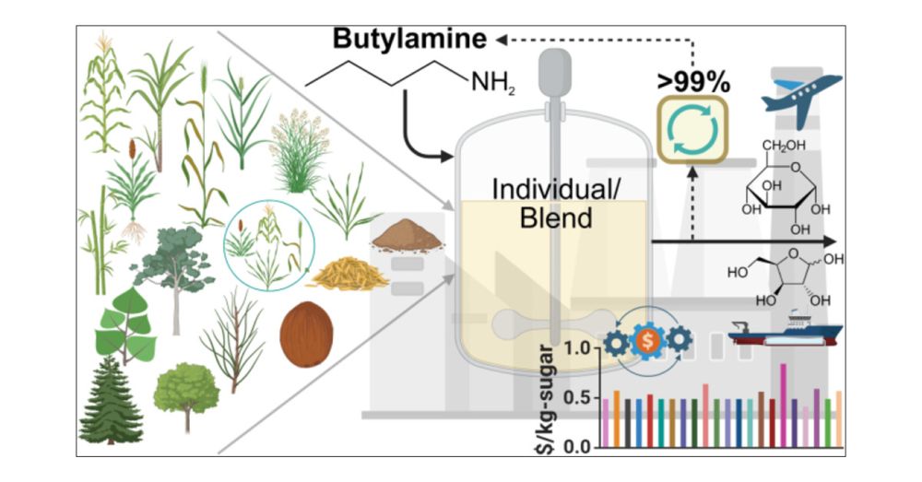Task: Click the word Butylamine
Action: pos(409,40)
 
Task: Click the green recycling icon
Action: pos(692,131)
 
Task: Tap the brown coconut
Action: pos(306,333)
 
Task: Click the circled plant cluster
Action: pos(270,243)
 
